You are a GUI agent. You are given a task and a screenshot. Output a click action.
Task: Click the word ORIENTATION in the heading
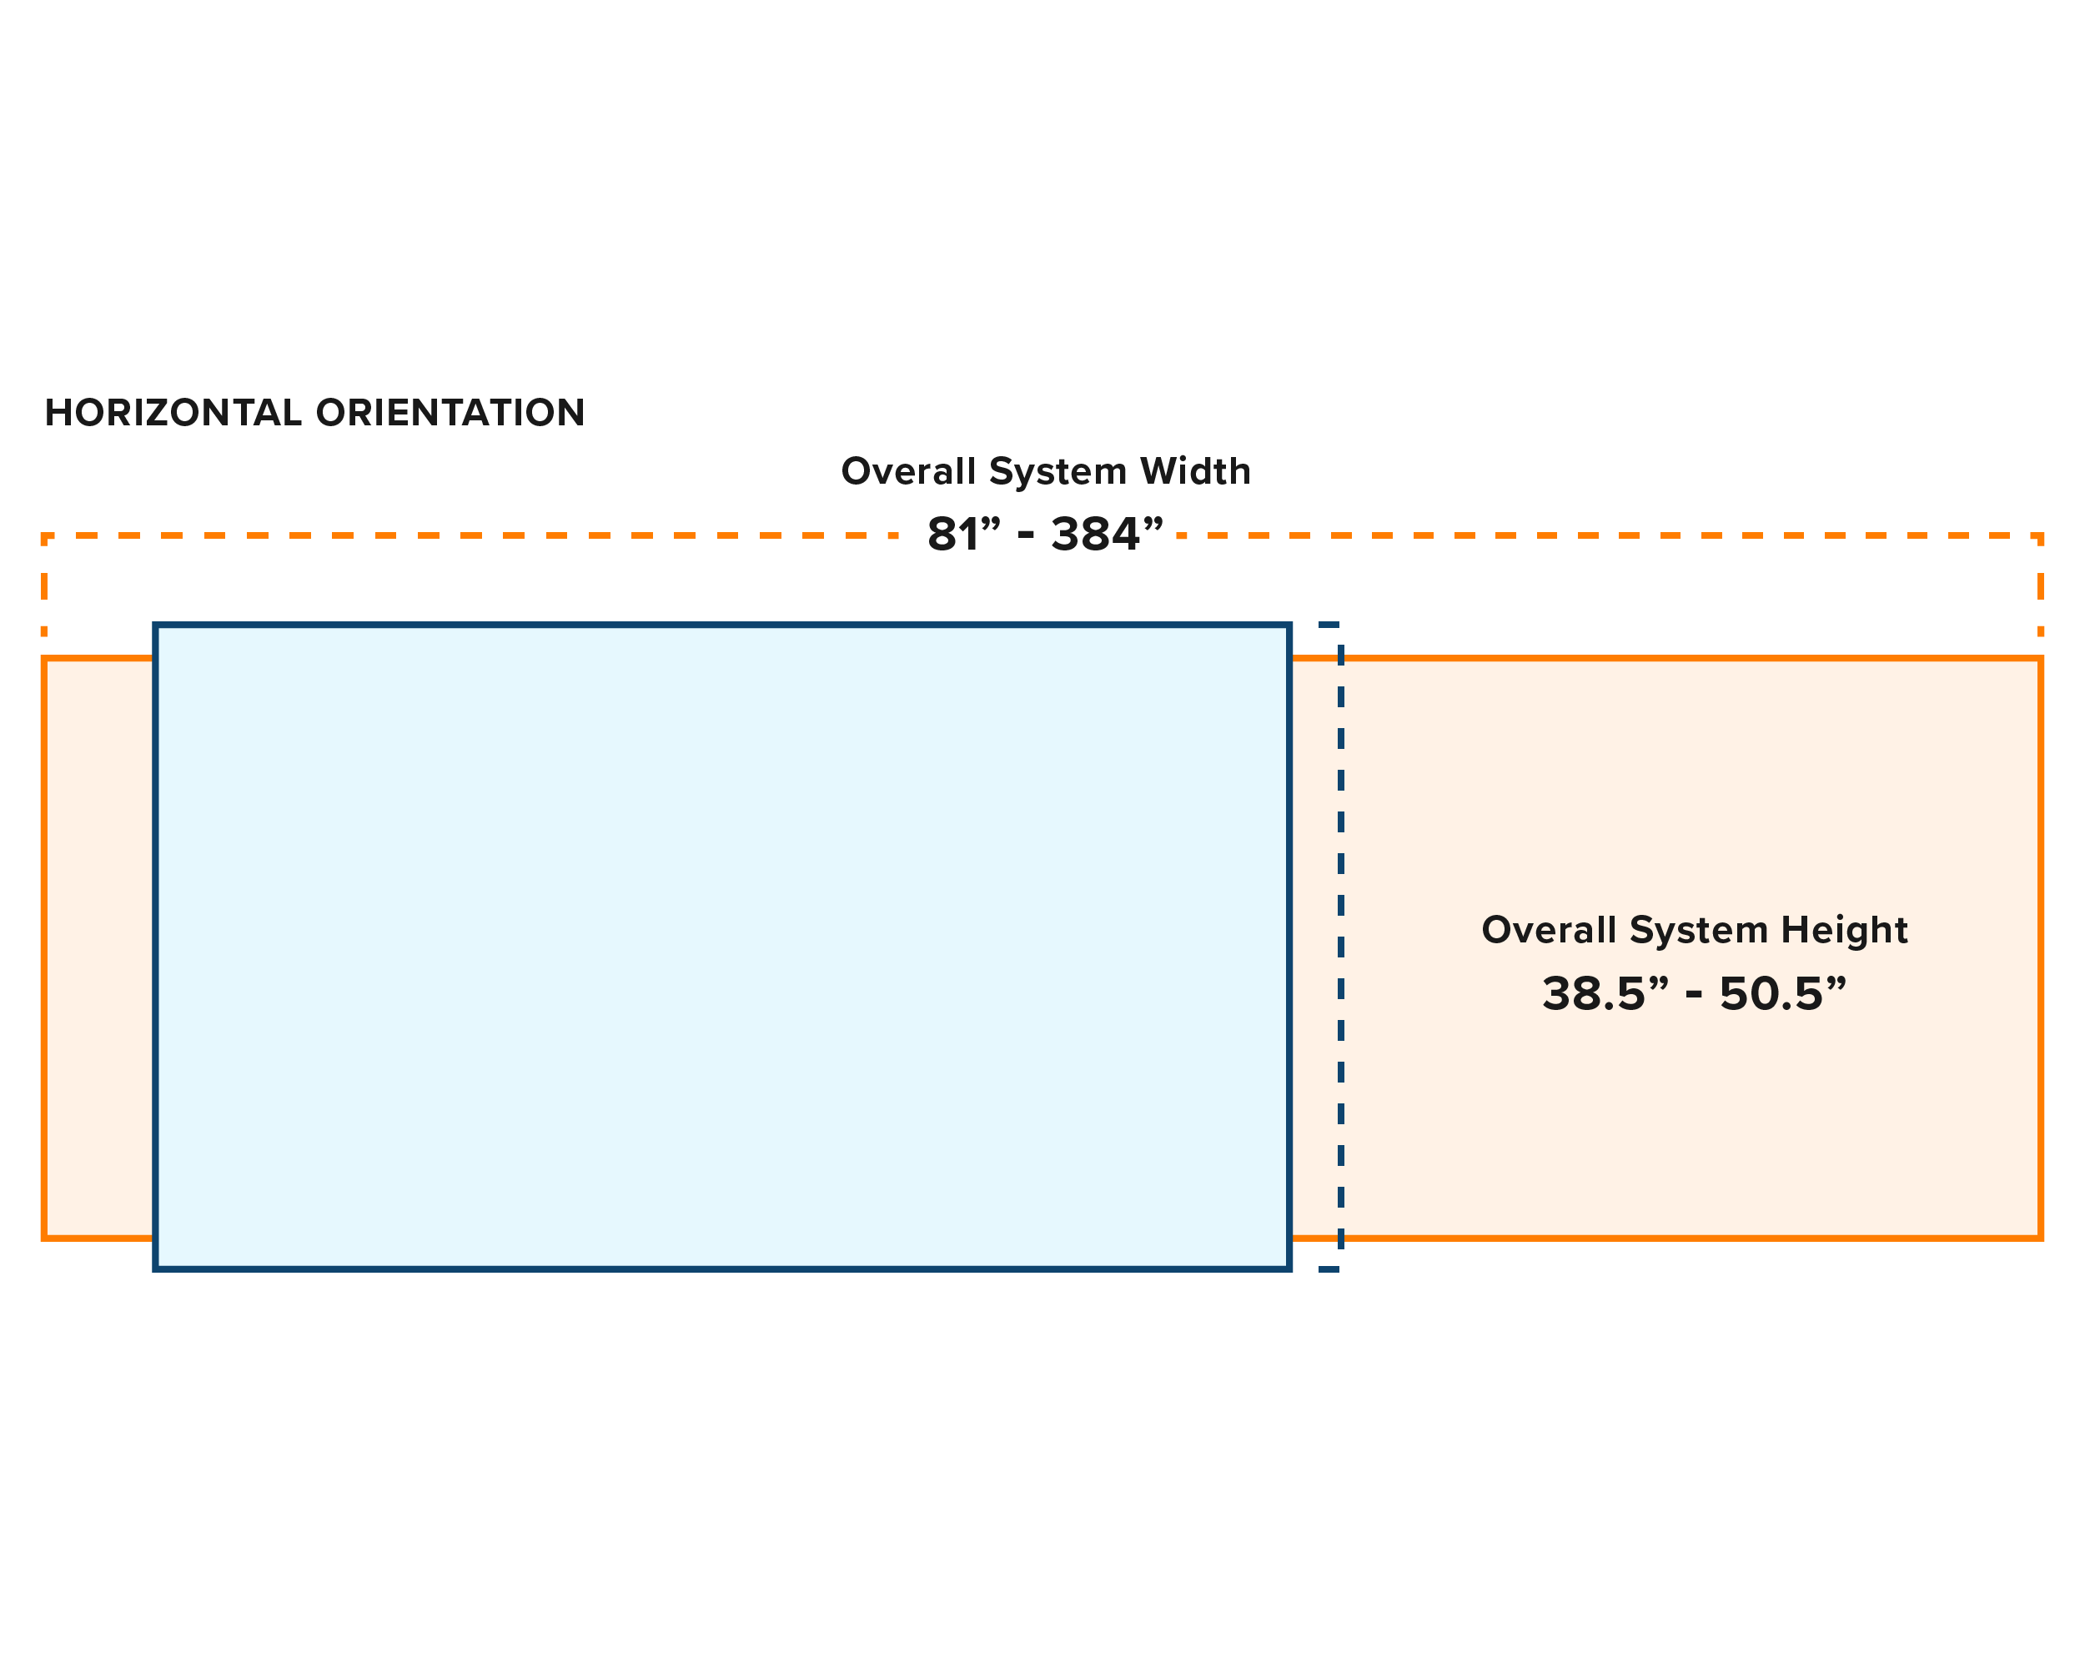(x=450, y=413)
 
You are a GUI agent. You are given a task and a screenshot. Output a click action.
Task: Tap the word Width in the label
(x=1195, y=472)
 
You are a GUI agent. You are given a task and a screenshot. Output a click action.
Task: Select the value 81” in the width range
(x=963, y=535)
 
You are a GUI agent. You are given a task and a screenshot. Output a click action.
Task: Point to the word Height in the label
(x=1844, y=930)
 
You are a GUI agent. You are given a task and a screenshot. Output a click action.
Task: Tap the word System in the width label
(x=1058, y=472)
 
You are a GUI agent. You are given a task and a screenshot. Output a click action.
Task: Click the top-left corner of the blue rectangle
(x=156, y=625)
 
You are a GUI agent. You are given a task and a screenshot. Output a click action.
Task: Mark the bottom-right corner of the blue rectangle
(x=1290, y=1269)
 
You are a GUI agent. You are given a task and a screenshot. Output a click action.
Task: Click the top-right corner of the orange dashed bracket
(x=2041, y=535)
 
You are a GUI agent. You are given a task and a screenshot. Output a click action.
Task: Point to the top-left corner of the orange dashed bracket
(x=44, y=535)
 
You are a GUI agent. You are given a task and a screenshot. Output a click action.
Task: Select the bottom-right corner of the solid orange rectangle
(x=2041, y=1238)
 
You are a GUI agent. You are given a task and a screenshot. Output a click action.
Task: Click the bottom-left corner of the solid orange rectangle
(x=44, y=1238)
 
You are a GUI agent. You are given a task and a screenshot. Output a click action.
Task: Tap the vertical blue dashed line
(x=1340, y=947)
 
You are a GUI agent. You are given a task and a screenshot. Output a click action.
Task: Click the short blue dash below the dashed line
(x=1329, y=1269)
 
